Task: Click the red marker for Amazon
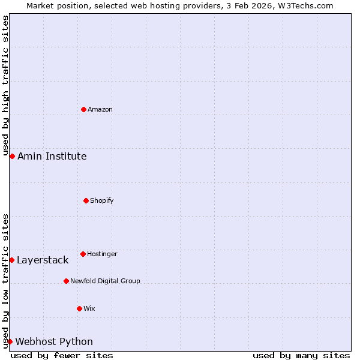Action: tap(83, 109)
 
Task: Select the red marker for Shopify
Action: tap(86, 200)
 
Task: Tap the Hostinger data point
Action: tap(83, 254)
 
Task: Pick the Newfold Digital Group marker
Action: tap(66, 281)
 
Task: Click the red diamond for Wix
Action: tap(79, 308)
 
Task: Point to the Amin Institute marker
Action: tap(12, 156)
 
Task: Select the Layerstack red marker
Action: tap(11, 260)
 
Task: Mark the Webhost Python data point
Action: tap(10, 341)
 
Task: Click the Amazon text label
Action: tap(100, 109)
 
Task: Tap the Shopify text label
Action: tap(102, 200)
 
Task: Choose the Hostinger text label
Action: tap(102, 254)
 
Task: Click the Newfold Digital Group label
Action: tap(105, 281)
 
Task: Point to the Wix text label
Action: tap(89, 308)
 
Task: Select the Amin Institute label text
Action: tap(52, 156)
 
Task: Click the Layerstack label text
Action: tap(43, 260)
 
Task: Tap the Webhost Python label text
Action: tap(54, 341)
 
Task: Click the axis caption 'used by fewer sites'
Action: tap(62, 355)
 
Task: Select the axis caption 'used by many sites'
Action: tap(301, 355)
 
